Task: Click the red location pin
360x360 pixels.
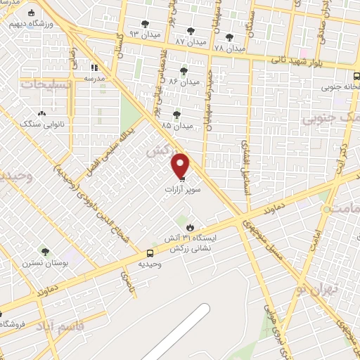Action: pos(181,165)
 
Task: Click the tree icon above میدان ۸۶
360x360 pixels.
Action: pos(184,71)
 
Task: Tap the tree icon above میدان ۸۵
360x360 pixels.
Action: pos(176,114)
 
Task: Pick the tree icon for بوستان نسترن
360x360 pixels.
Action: pos(46,251)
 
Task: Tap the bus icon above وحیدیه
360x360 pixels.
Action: pos(150,253)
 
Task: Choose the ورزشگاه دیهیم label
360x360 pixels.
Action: pos(27,22)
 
